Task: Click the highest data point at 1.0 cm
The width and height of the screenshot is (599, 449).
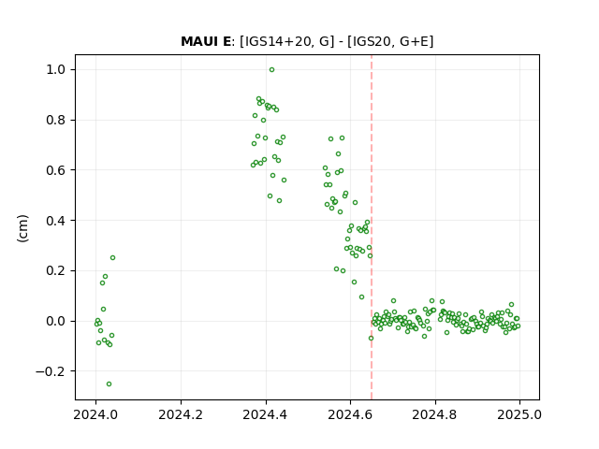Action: pos(271,70)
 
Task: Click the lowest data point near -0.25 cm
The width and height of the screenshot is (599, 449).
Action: pos(109,384)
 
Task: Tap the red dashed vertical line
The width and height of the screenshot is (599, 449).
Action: pos(372,227)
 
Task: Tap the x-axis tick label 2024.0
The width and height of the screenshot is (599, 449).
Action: pos(95,414)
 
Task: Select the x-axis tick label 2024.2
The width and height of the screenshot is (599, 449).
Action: pos(181,414)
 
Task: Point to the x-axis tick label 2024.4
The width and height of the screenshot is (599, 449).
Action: pos(266,414)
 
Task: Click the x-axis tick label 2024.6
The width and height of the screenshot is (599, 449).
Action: pos(350,414)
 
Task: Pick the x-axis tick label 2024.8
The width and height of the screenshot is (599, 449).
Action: pos(434,414)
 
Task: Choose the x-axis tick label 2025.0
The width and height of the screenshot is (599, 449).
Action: pos(519,414)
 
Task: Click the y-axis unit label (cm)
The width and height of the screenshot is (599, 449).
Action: pos(22,228)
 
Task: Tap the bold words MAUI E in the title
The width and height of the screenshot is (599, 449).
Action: pos(206,41)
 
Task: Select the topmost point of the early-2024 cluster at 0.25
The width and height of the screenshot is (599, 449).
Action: pos(112,258)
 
